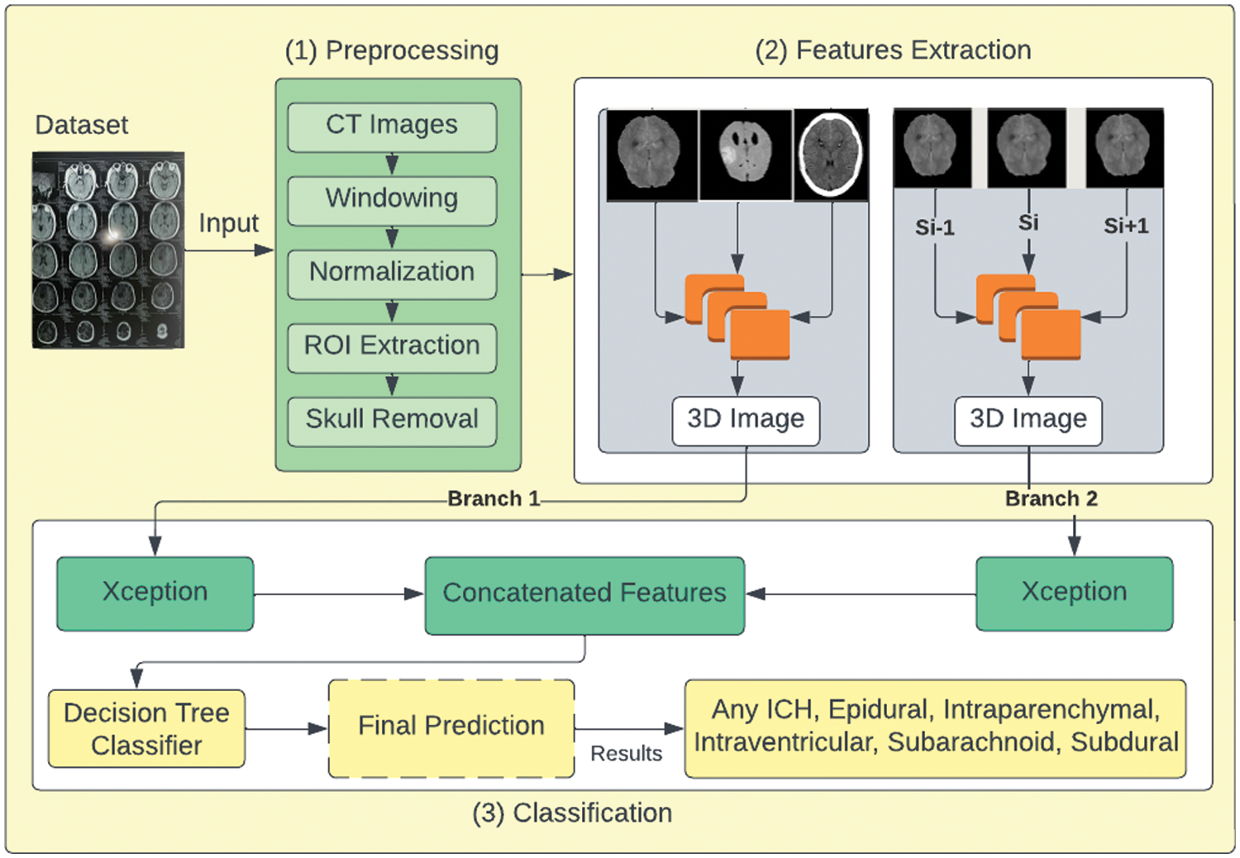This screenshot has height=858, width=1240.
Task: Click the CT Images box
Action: point(392,126)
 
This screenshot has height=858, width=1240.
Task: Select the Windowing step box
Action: point(392,200)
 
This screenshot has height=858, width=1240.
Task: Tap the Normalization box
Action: point(392,274)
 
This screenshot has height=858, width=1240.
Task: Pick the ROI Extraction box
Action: point(392,347)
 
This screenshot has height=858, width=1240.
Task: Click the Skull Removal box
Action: point(392,421)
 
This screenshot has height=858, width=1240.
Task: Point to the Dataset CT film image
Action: point(108,250)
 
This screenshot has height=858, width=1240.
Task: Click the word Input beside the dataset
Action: point(228,223)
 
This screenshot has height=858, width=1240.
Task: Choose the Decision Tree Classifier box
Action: point(146,729)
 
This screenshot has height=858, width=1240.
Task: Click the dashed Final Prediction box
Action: point(451,727)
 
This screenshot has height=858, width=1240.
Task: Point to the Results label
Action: point(626,754)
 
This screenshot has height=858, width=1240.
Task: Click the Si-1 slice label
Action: point(934,227)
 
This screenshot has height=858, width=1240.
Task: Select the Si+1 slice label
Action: point(1126,226)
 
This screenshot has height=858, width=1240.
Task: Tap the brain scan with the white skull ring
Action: point(831,155)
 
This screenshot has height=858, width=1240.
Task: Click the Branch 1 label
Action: point(494,499)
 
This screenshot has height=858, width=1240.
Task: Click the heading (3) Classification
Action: point(572,813)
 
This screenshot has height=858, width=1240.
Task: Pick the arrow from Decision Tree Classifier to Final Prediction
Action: point(286,729)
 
